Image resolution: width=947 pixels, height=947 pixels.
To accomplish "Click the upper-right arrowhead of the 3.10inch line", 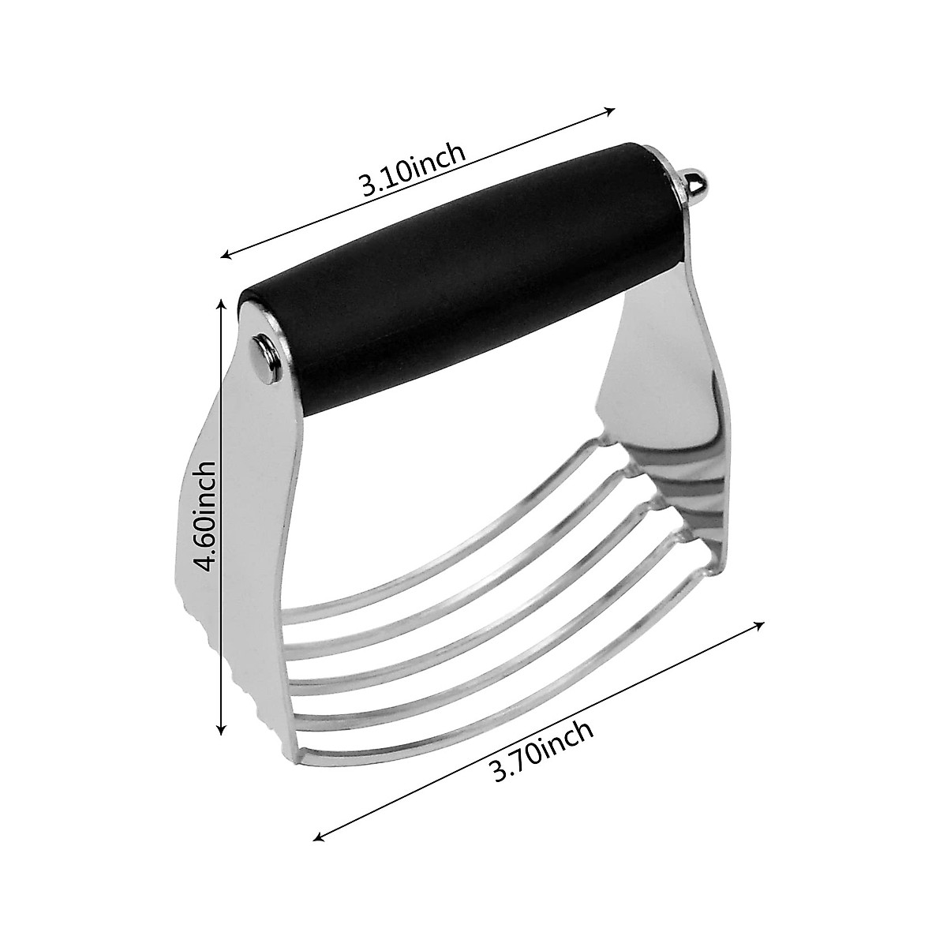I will click(x=611, y=110).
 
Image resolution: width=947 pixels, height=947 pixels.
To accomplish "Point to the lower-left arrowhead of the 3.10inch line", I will click(x=226, y=254).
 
